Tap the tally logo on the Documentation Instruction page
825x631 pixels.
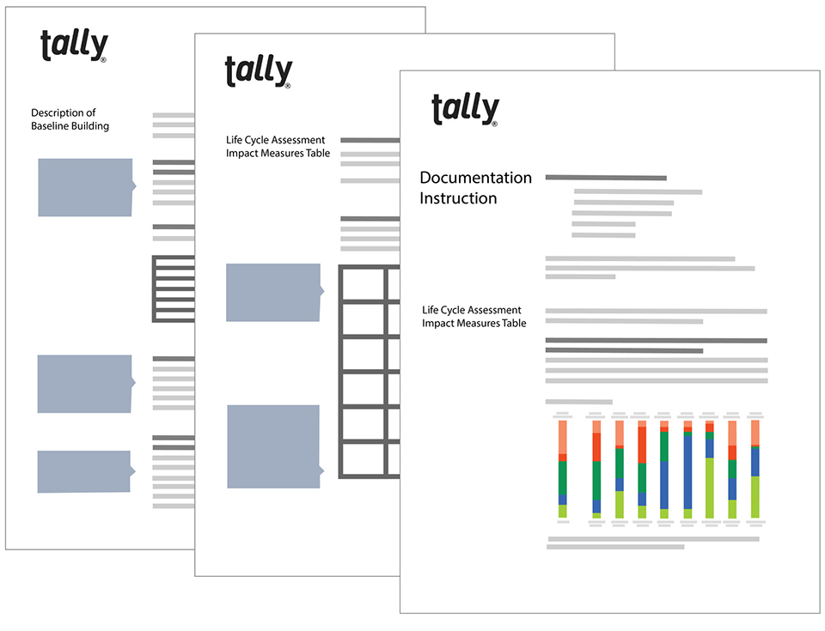click(x=465, y=110)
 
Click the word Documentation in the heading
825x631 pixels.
click(x=475, y=178)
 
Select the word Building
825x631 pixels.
click(x=93, y=126)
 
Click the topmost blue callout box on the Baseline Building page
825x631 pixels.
click(x=86, y=187)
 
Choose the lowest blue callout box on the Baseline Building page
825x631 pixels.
click(x=84, y=471)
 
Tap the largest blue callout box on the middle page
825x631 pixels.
click(x=274, y=446)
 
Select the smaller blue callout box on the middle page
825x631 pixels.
click(x=274, y=293)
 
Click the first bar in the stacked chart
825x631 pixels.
click(x=563, y=469)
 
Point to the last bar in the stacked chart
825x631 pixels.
click(x=755, y=469)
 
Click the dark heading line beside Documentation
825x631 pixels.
click(x=606, y=178)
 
